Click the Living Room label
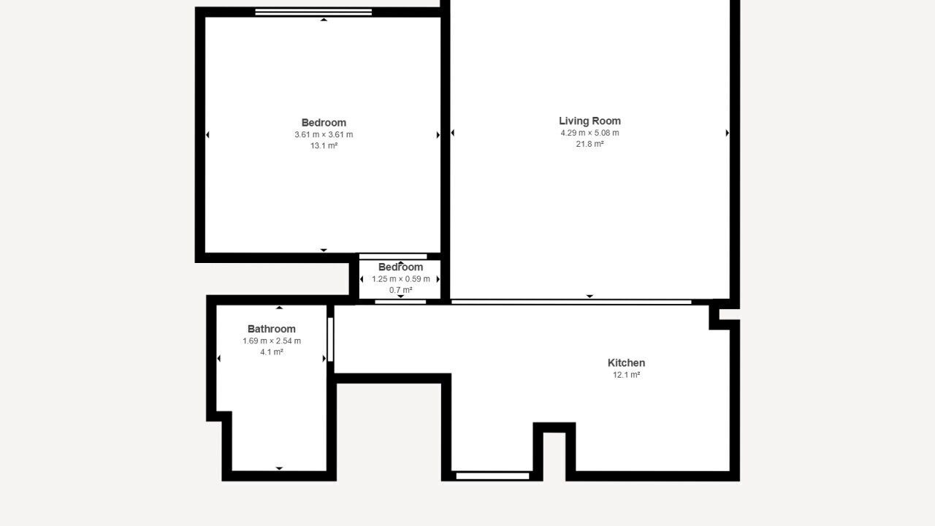click(589, 121)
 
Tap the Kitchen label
click(626, 363)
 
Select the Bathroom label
click(271, 329)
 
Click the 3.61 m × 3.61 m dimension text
click(324, 134)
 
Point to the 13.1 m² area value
click(324, 145)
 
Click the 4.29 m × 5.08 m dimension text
click(589, 133)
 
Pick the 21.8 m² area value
click(589, 144)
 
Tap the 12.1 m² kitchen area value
click(626, 375)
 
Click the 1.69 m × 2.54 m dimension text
click(271, 340)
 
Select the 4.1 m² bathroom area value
click(271, 352)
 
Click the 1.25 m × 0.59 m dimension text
click(401, 279)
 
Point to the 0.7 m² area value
click(401, 290)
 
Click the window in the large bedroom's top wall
click(313, 12)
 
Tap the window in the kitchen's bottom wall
click(492, 476)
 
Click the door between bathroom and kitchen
click(330, 340)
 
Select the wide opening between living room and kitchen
click(571, 302)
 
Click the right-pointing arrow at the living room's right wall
click(728, 133)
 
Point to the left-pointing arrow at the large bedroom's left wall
click(207, 134)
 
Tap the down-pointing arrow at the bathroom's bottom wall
click(279, 468)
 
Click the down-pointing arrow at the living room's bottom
click(589, 296)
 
